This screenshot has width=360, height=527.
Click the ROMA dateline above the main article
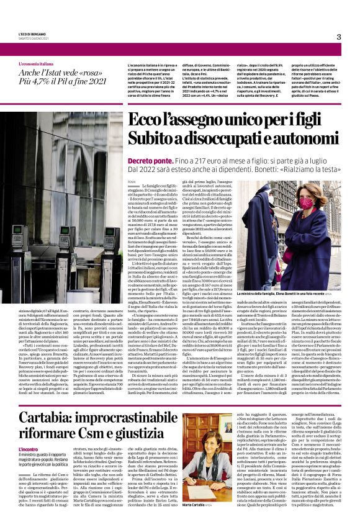pos(131,181)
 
